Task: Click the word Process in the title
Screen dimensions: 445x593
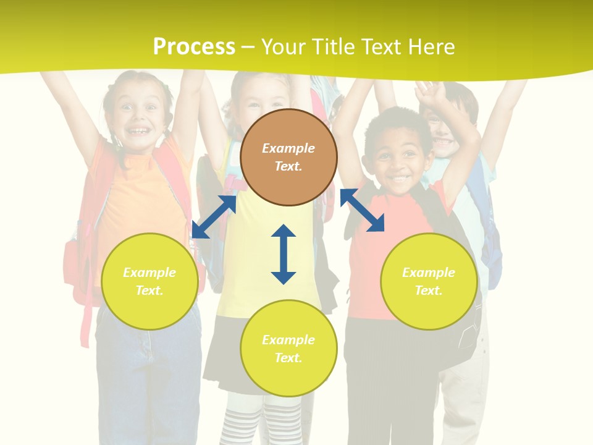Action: [194, 47]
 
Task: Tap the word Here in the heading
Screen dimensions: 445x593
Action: [429, 47]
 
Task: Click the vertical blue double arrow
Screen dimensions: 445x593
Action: [284, 255]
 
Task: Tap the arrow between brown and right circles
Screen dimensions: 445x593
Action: [363, 210]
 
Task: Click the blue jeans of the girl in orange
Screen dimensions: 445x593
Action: [148, 371]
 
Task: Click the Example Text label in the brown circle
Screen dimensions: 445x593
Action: [288, 157]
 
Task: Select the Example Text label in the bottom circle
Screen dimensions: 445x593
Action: [288, 349]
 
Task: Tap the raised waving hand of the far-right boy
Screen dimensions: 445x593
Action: [431, 94]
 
